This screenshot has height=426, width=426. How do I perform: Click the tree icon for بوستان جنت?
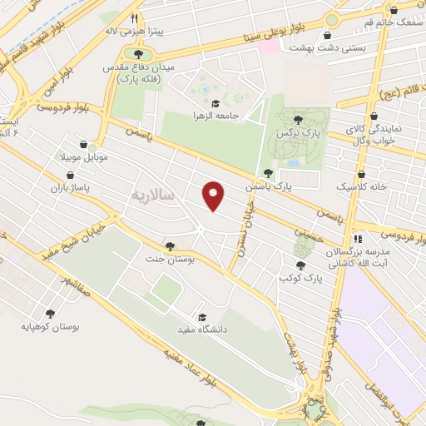[x=171, y=246]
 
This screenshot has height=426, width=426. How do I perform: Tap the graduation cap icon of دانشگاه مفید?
[x=202, y=317]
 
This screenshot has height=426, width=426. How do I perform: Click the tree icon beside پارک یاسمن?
[x=267, y=174]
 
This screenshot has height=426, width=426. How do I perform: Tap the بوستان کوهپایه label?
[x=52, y=327]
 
